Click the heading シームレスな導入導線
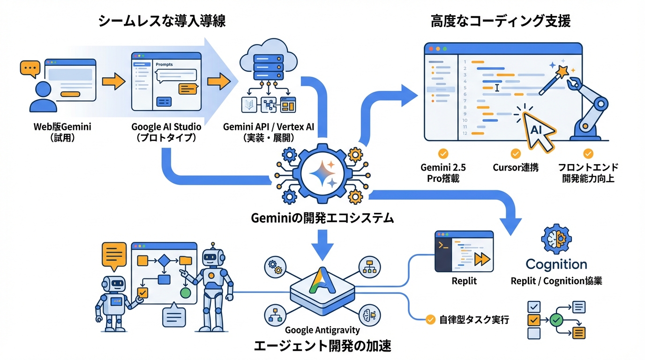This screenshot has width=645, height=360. point(162,22)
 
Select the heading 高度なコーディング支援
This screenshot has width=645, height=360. point(501,22)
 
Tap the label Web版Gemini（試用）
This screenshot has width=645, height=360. point(62,132)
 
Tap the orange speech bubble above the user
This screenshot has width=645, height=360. point(29,68)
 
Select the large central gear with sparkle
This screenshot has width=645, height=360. point(322,173)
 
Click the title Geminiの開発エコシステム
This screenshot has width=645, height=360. point(322,218)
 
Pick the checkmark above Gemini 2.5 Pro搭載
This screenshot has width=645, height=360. point(442,153)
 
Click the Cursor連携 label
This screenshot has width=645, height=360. point(516,167)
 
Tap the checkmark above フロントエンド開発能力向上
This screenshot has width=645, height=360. point(588,153)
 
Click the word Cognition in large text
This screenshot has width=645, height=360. point(556,264)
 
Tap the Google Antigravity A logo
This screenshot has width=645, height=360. point(322,281)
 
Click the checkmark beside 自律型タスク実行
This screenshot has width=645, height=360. point(430,320)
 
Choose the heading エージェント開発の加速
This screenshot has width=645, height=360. point(322,346)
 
